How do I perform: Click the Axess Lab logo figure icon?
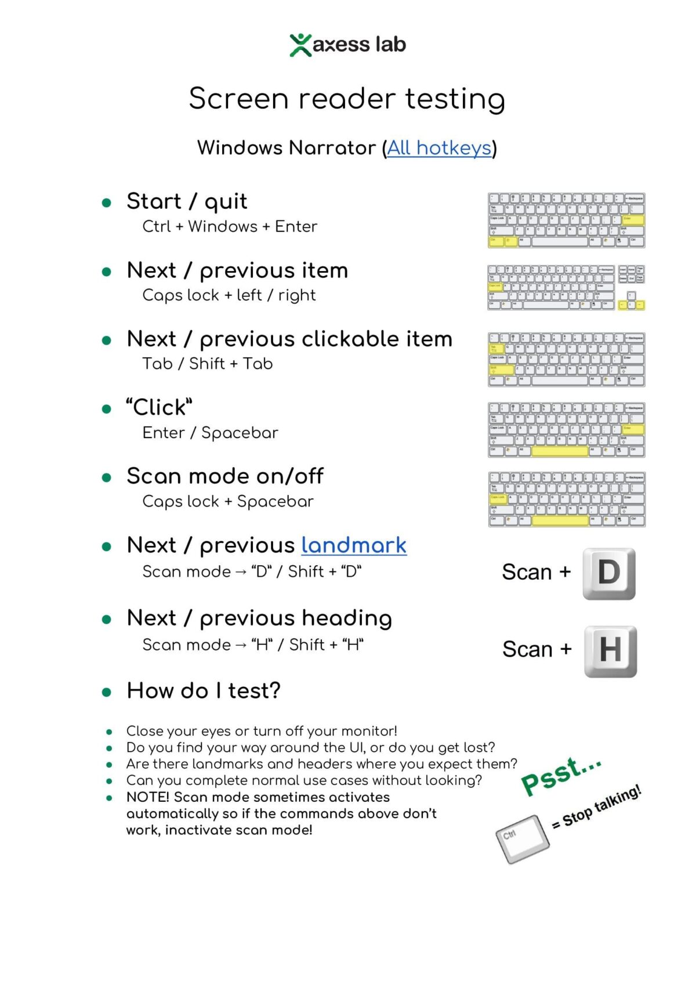point(300,45)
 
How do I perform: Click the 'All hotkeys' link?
point(439,148)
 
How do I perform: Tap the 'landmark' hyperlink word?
point(354,545)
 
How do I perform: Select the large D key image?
point(609,573)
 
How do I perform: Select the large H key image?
point(610,651)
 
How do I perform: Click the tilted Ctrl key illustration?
point(522,839)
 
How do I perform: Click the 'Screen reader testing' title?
point(347,98)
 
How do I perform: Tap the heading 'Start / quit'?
point(187,201)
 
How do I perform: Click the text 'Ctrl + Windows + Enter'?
point(230,226)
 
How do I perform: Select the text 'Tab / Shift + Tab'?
point(208,364)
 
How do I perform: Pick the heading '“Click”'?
point(159,407)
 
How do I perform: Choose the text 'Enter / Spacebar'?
point(210,433)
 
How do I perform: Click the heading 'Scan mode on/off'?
point(225,476)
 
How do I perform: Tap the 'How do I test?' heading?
point(204,690)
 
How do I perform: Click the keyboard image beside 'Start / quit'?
point(566,220)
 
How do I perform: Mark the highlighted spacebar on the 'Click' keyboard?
point(560,451)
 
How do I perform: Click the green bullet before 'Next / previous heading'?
point(107,620)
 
